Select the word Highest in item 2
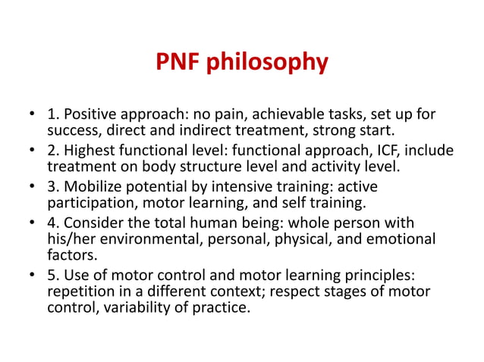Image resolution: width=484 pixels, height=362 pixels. [x=90, y=151]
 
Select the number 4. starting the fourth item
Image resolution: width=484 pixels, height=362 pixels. [x=54, y=223]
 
